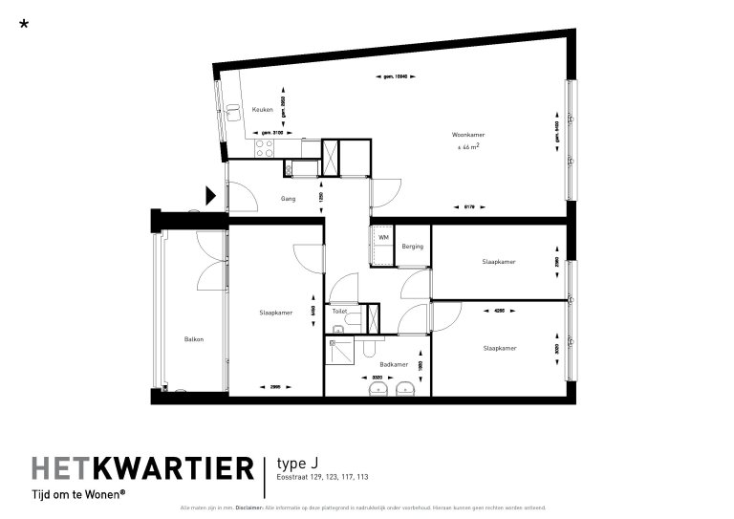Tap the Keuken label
tap(262, 111)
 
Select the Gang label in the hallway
tap(287, 199)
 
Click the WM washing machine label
tap(382, 237)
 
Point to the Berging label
tap(412, 247)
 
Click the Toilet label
tap(338, 312)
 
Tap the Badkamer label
tap(393, 364)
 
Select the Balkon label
tap(194, 339)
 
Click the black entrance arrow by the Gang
tap(211, 197)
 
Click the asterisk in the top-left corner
tap(24, 24)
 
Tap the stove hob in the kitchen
tap(264, 148)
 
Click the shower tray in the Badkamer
tap(340, 351)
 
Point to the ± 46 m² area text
tap(467, 148)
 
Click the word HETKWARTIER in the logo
tap(142, 468)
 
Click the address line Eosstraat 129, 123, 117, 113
tap(322, 477)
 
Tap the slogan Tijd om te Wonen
tap(78, 494)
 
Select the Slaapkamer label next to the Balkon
tap(275, 313)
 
